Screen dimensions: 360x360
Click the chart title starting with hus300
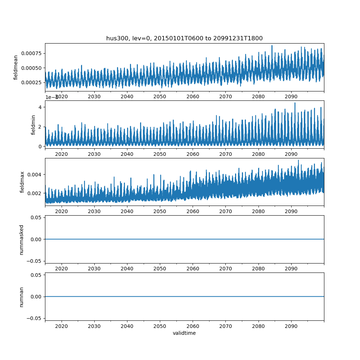(184, 38)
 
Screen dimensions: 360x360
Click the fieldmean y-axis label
(16, 68)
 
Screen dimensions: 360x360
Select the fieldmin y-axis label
(33, 125)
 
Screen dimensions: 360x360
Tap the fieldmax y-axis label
(22, 182)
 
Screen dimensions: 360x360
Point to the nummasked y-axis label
(21, 240)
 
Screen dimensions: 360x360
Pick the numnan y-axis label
(21, 297)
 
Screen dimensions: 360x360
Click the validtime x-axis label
(184, 333)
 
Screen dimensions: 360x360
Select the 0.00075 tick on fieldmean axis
(31, 53)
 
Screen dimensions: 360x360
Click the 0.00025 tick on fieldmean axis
(31, 82)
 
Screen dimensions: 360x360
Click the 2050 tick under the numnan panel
(160, 326)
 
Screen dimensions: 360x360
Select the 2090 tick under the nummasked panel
(291, 269)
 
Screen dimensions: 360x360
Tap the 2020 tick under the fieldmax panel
(62, 211)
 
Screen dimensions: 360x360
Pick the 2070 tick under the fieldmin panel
(225, 154)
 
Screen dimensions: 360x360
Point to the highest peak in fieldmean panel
(272, 46)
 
